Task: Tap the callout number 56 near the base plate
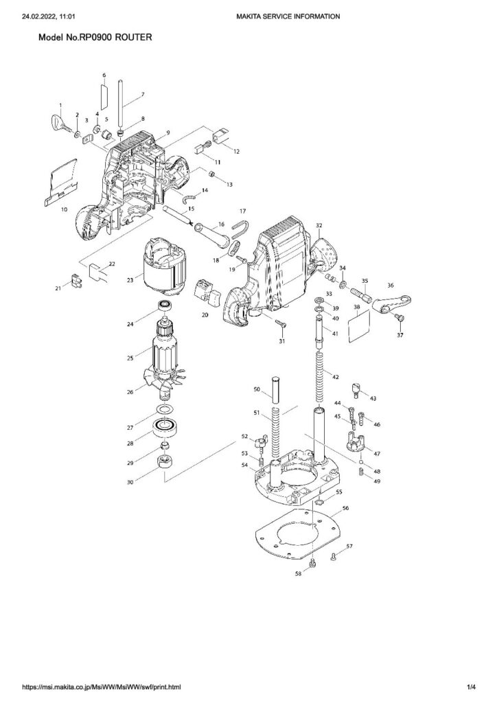pyautogui.click(x=346, y=509)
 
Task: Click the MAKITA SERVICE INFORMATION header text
pyautogui.click(x=287, y=16)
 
